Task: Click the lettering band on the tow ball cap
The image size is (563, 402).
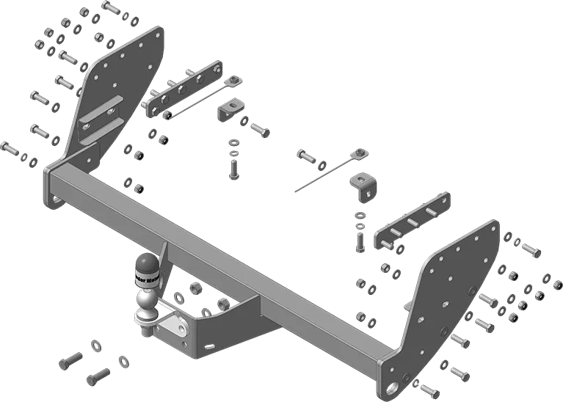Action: point(146,278)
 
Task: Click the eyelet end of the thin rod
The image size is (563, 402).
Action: point(360,153)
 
